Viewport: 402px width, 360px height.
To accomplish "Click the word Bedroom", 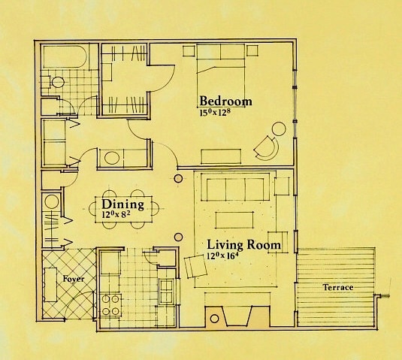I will tap(225, 101).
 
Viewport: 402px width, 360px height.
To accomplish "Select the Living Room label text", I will tap(244, 245).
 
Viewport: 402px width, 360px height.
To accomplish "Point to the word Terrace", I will tap(338, 288).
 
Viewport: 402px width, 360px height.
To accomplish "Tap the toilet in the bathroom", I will tap(58, 81).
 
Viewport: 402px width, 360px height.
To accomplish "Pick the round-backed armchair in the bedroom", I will tap(267, 145).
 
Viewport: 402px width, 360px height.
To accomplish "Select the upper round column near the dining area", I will tap(179, 179).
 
